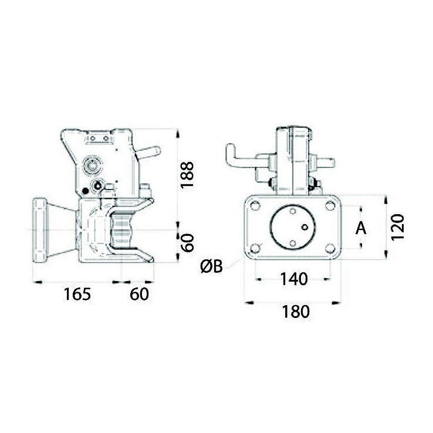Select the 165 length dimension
click(x=77, y=294)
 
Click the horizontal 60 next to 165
click(x=139, y=294)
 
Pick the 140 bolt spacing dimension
click(x=294, y=279)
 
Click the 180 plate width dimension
click(x=295, y=312)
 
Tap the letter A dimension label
click(x=361, y=228)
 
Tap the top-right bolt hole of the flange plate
click(x=330, y=206)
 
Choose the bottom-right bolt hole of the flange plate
click(x=330, y=248)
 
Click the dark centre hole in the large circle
click(x=304, y=226)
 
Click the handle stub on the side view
click(x=149, y=153)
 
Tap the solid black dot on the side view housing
click(x=86, y=191)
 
